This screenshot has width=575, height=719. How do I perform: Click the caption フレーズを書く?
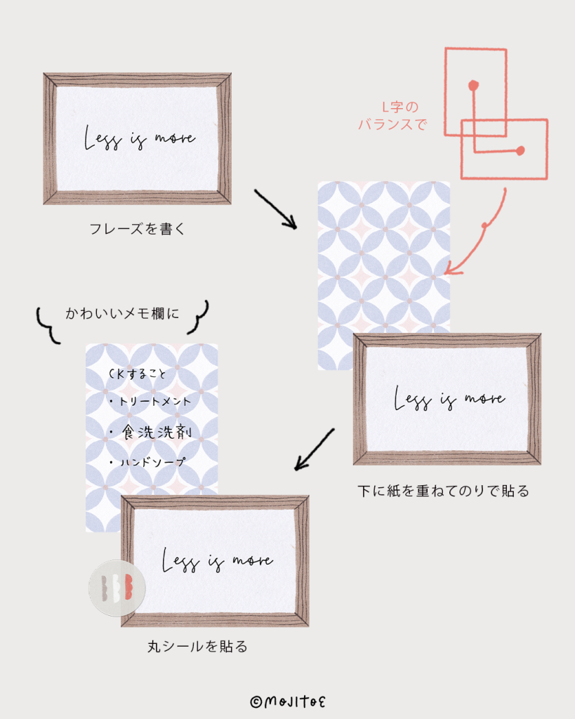138,229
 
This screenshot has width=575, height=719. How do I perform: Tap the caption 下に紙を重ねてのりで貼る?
443,491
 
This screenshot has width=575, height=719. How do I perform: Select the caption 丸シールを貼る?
197,647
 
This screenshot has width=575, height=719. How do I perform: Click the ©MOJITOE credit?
288,701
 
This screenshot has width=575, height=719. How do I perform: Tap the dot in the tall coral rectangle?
474,85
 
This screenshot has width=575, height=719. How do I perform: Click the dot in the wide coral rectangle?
520,150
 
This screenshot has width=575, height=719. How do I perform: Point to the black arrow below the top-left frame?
275,209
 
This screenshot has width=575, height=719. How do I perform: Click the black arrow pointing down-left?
314,449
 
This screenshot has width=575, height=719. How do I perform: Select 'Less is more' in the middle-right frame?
449,399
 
